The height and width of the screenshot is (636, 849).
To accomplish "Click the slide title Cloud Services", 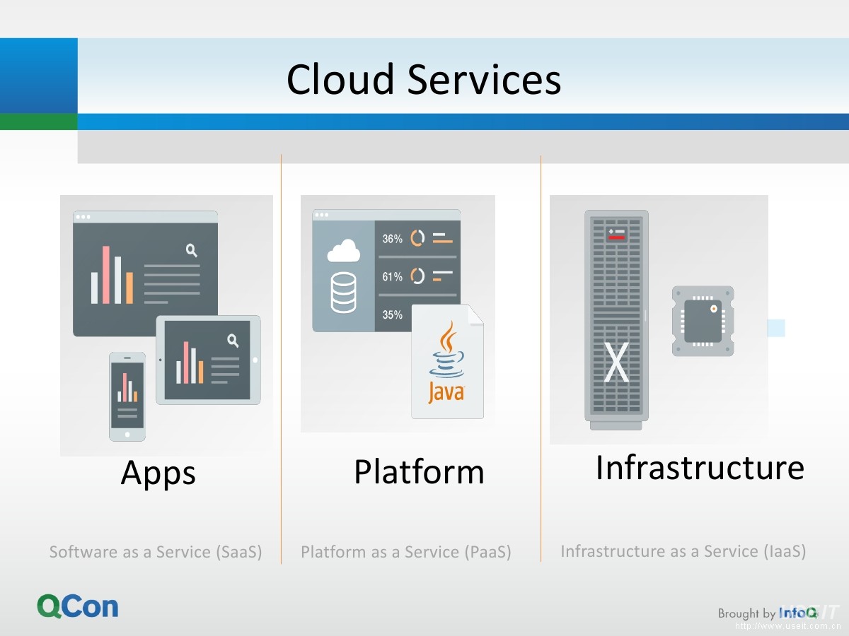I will point(424,78).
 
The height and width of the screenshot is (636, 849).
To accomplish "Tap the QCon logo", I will point(78,606).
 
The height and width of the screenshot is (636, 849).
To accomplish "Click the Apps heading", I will point(158,472).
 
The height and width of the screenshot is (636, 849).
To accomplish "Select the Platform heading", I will point(419,471).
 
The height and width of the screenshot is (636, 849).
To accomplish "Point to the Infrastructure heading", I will point(700,467).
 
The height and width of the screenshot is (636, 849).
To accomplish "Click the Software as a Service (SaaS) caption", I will point(156,552).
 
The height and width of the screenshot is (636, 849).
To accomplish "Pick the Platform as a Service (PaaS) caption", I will point(405,552).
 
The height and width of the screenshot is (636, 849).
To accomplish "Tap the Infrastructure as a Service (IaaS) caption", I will point(683,551).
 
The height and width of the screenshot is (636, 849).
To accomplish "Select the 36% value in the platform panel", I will point(392,239).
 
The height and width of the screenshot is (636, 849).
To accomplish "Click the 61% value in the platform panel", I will point(392,277).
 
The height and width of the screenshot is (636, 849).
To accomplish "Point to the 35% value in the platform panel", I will point(392,315).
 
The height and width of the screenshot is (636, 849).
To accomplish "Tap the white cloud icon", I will point(344,251).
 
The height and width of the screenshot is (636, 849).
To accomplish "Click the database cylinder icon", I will point(343,294).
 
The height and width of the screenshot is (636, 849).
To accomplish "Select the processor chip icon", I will point(703,321).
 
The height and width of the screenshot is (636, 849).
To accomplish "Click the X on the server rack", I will point(616,362).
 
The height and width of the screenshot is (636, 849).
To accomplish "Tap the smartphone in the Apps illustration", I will point(127,396).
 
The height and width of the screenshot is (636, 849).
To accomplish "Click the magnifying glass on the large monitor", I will point(191,249).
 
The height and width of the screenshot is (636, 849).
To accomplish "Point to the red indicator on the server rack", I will point(616,237).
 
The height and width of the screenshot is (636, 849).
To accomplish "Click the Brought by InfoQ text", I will point(767,613).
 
